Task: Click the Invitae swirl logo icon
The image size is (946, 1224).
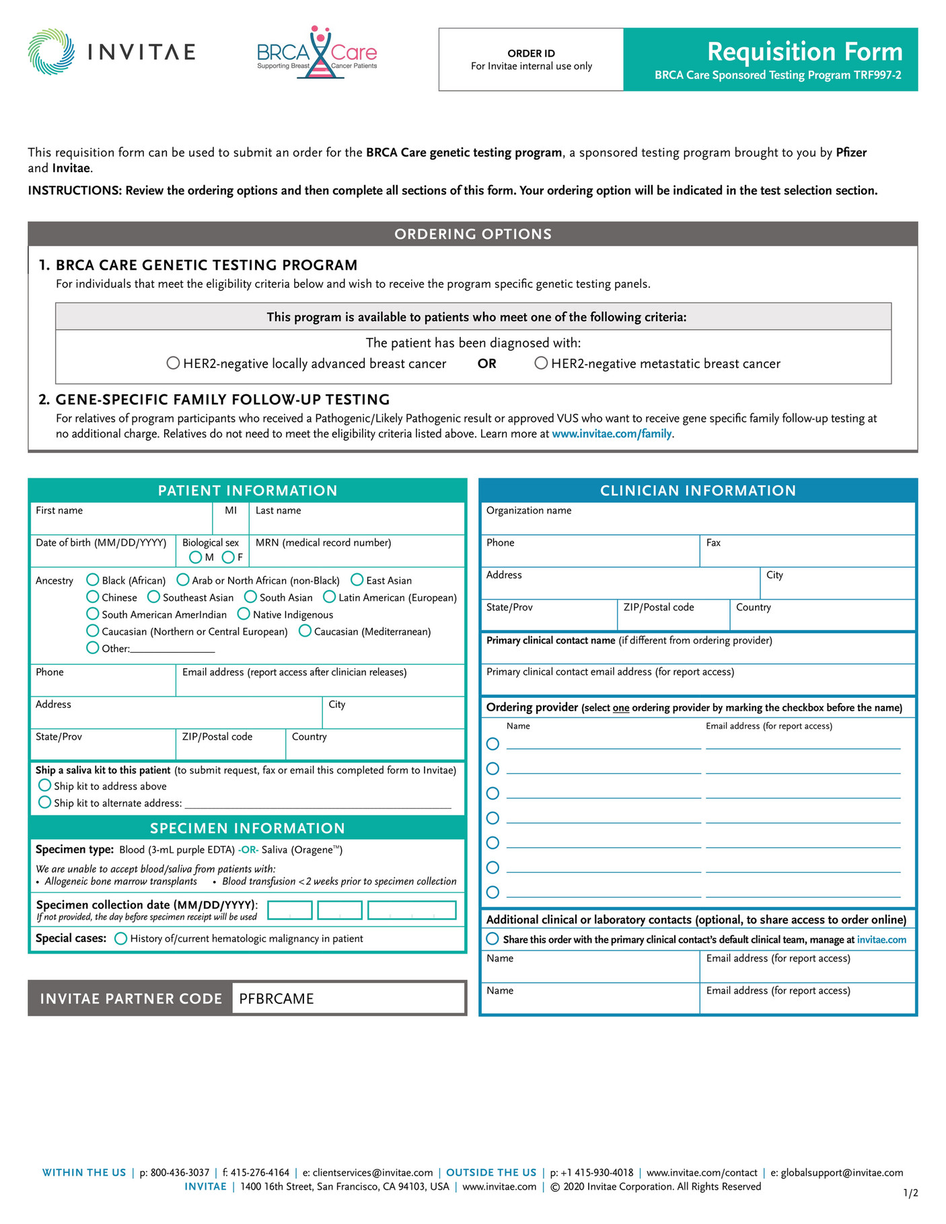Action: [x=51, y=51]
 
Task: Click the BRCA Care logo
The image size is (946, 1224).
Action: [x=317, y=53]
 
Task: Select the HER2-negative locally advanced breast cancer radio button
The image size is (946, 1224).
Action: [x=173, y=363]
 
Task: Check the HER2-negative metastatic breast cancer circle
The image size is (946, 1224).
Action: [x=541, y=363]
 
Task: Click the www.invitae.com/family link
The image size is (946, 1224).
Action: [x=612, y=434]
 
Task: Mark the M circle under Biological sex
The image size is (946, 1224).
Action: [x=195, y=557]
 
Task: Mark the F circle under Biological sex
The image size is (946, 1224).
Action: [x=228, y=557]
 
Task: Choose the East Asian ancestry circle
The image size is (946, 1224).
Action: [x=357, y=580]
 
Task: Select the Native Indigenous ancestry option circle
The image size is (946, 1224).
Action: [x=244, y=614]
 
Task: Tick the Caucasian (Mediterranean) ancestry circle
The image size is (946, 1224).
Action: [x=305, y=631]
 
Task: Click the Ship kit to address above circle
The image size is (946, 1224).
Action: [x=45, y=785]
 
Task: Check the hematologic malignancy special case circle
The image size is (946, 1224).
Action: [x=120, y=938]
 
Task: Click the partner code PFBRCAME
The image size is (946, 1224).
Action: [x=277, y=999]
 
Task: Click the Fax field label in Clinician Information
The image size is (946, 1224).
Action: [x=713, y=542]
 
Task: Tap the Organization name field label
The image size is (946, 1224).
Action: [x=529, y=510]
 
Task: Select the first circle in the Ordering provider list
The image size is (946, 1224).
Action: [x=493, y=744]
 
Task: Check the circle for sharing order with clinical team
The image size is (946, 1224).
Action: [x=493, y=939]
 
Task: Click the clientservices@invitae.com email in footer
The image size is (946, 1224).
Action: [x=373, y=1172]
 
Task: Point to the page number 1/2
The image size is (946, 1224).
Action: [x=910, y=1193]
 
